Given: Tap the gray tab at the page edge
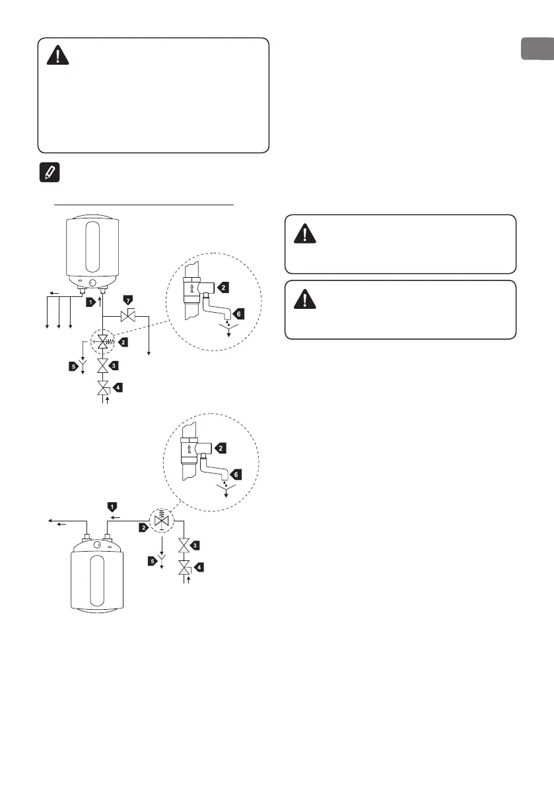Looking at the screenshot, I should click(x=537, y=49).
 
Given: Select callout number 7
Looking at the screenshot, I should click(x=128, y=301).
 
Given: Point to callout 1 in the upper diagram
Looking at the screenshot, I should click(x=90, y=302).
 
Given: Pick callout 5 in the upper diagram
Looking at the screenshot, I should click(x=74, y=365).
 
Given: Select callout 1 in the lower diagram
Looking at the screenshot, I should click(x=112, y=506).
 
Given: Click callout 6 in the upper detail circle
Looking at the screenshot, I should click(x=238, y=313).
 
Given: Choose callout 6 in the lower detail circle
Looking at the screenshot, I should click(x=236, y=474).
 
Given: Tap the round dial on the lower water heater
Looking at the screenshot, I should click(x=98, y=546).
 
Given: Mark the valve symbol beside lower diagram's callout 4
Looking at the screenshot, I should click(x=185, y=567).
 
